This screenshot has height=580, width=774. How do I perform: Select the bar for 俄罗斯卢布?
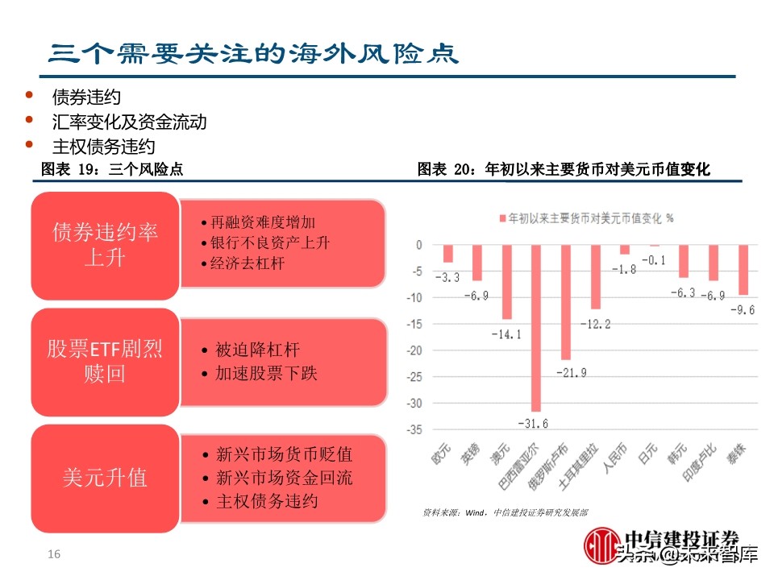(566, 300)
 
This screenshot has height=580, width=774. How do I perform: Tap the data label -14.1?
(506, 333)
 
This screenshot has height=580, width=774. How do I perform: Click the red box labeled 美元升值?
(104, 478)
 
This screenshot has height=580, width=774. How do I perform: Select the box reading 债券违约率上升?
(104, 245)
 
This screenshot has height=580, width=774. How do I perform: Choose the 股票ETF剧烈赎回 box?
(104, 362)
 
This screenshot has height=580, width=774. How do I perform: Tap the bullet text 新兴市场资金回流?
(284, 478)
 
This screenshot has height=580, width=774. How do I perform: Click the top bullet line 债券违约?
(86, 97)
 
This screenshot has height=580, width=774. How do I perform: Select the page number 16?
(55, 554)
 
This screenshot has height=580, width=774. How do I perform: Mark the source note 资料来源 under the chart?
(505, 512)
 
